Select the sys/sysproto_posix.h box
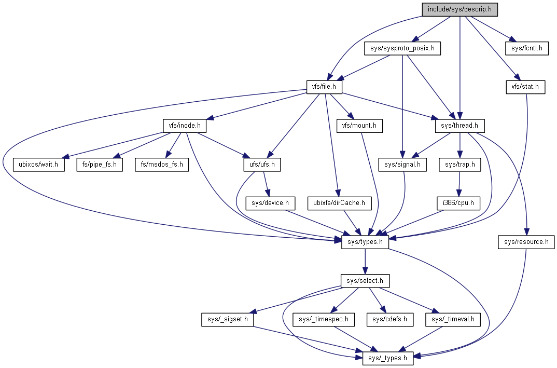402,49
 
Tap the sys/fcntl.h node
527,49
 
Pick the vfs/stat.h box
525,87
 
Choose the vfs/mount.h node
359,126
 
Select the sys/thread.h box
459,126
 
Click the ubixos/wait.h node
39,165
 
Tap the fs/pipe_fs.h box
100,165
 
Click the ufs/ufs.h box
262,165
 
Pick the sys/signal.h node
402,165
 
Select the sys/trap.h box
459,165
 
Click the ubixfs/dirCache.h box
340,203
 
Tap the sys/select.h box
365,281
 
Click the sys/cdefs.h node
390,319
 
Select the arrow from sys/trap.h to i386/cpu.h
459,184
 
